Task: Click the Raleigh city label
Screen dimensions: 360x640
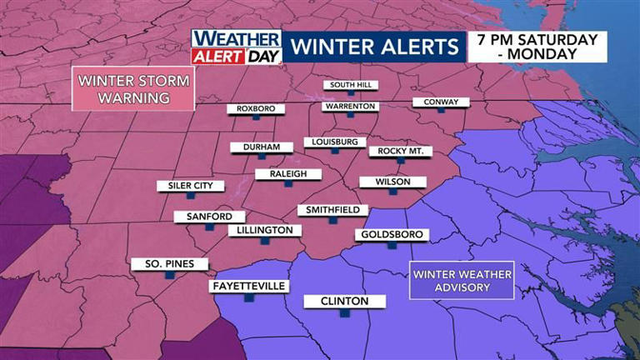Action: [282, 174]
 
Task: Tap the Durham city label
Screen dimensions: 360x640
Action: [262, 147]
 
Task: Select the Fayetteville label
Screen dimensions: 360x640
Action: [248, 287]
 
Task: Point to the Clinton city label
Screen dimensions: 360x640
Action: [344, 302]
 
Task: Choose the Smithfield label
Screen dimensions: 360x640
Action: [332, 210]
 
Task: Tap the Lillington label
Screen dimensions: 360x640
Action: [263, 230]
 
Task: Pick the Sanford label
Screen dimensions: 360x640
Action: [203, 217]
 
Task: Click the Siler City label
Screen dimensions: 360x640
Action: [190, 186]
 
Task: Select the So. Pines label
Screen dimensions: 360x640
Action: [169, 264]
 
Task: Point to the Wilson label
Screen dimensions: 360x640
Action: [392, 182]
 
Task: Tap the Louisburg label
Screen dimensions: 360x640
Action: [334, 142]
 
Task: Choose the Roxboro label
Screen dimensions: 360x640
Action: [256, 109]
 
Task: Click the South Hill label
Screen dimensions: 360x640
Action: [352, 85]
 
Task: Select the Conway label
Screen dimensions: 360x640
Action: [441, 102]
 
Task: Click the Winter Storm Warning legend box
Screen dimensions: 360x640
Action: [133, 90]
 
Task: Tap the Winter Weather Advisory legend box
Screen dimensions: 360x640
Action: [461, 281]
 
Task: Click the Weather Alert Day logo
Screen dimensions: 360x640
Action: [237, 47]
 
